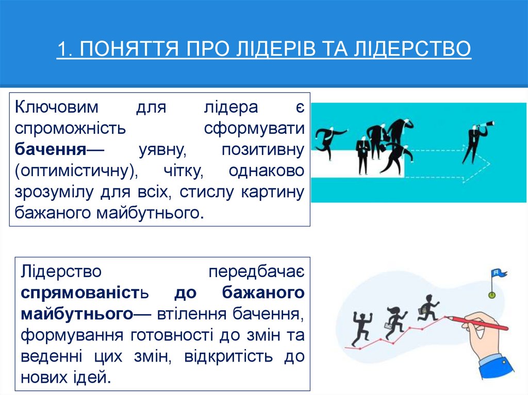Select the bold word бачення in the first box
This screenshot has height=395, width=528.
click(x=50, y=149)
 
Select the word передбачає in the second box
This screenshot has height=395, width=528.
click(x=256, y=271)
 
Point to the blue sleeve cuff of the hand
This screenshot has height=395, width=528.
click(x=496, y=365)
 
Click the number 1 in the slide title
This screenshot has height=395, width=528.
click(x=62, y=49)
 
